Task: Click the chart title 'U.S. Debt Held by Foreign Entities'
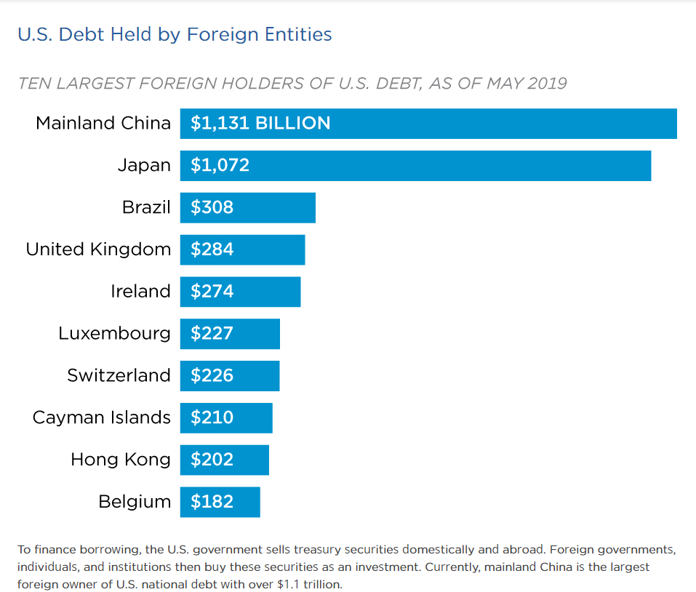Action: tap(175, 34)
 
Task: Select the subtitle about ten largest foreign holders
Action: tap(292, 83)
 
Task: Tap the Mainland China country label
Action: tap(103, 123)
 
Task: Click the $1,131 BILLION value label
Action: tap(260, 124)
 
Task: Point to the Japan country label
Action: tap(144, 165)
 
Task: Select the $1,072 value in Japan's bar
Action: tap(220, 166)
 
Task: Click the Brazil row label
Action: tap(146, 207)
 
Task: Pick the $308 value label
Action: tap(212, 208)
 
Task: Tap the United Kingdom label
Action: tap(98, 249)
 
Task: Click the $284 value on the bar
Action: tap(212, 250)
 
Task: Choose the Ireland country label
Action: tap(140, 292)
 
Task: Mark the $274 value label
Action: tap(212, 292)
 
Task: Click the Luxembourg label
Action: tap(115, 334)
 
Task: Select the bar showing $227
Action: tap(230, 334)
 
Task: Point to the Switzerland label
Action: tap(119, 376)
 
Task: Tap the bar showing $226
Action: tap(230, 376)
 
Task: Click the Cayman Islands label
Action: tap(102, 418)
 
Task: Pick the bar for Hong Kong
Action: tap(225, 460)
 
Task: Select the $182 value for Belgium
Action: tap(212, 503)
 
